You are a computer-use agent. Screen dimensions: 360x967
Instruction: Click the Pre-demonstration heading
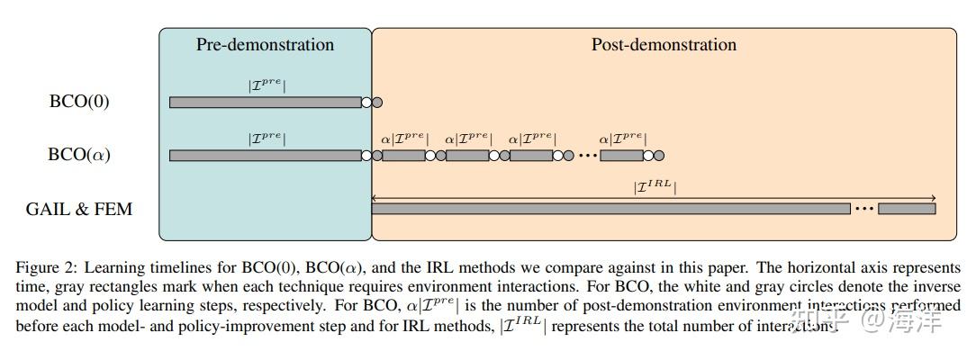pos(265,45)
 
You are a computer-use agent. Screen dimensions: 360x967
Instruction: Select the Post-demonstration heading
pos(664,45)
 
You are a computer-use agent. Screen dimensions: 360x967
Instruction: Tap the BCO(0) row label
pos(79,102)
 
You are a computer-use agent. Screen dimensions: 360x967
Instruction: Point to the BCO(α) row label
pos(79,155)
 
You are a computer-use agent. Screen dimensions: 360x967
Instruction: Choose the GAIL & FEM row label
pos(79,209)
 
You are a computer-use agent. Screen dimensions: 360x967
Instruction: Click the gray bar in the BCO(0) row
pos(265,102)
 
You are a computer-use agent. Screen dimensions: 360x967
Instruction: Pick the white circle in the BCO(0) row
pos(366,102)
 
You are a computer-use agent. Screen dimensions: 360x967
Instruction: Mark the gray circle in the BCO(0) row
pos(377,102)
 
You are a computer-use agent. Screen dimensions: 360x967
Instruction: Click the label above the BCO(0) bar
pos(267,86)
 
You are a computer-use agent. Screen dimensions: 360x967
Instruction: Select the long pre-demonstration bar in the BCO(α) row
pos(265,156)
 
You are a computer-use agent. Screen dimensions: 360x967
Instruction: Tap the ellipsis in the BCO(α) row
pos(587,156)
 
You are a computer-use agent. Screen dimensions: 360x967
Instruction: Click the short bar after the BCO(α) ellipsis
pos(621,156)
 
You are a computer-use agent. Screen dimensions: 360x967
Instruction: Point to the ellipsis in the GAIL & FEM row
pos(863,209)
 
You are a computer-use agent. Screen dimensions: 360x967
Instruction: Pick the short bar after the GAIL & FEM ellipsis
pos(907,209)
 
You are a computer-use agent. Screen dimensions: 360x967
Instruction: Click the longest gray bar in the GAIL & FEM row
pos(610,209)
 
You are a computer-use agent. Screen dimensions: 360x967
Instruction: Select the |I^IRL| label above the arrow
pos(655,187)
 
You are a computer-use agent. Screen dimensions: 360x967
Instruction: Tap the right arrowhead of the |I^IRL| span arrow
pos(933,198)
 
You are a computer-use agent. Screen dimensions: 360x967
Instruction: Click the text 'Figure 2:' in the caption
pos(44,268)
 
